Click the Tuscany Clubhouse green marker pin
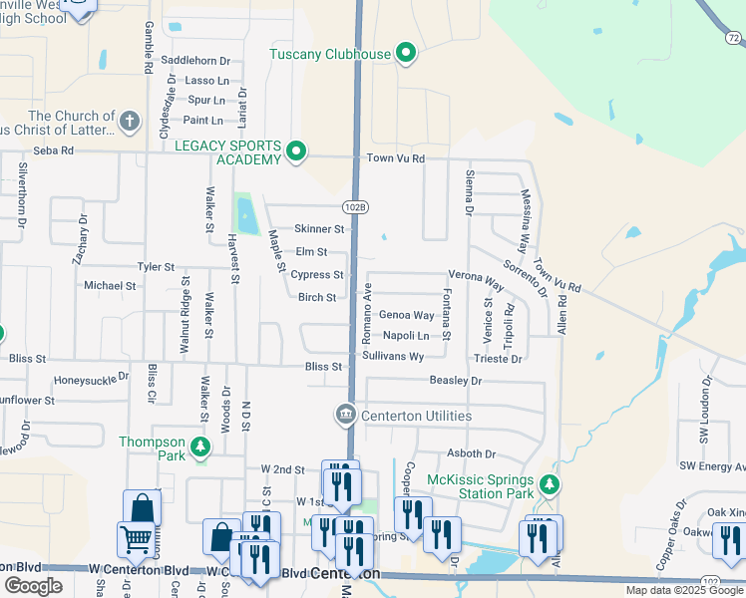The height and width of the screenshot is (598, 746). point(405,53)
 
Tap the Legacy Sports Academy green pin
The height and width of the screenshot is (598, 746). point(295,151)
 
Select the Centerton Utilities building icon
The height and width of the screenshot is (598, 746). point(345,414)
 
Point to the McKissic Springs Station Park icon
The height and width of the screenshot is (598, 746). point(548,485)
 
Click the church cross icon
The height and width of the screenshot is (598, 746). point(128,123)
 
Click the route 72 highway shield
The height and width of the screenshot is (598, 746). point(734,38)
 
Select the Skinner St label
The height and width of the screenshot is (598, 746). point(319,229)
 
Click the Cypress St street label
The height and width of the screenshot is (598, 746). point(317,275)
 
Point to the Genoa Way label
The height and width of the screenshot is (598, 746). point(406,315)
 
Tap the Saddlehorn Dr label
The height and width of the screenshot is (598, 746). point(195,61)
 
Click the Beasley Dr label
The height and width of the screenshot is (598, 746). point(455,381)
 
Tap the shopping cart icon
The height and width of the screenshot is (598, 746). point(135,541)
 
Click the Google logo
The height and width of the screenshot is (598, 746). point(34,586)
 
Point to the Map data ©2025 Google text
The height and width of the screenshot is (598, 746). point(684,590)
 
